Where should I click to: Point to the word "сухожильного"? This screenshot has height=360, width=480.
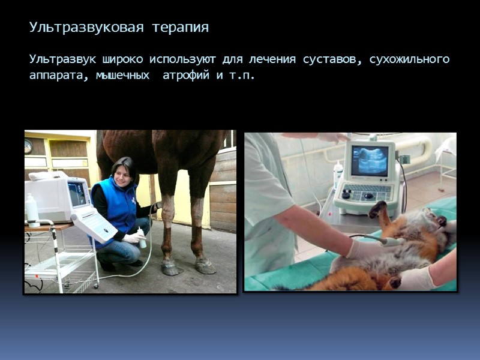(x=410, y=60)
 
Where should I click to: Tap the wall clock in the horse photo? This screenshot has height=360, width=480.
(x=28, y=146)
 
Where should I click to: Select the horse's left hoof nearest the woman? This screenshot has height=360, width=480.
(x=170, y=268)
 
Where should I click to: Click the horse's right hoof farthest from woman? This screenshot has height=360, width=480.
(x=205, y=266)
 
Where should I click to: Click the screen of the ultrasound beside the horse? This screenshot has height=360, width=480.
(x=77, y=194)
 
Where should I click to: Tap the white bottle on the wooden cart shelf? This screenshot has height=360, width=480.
(x=32, y=211)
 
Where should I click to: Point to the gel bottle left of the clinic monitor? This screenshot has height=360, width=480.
(x=338, y=175)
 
